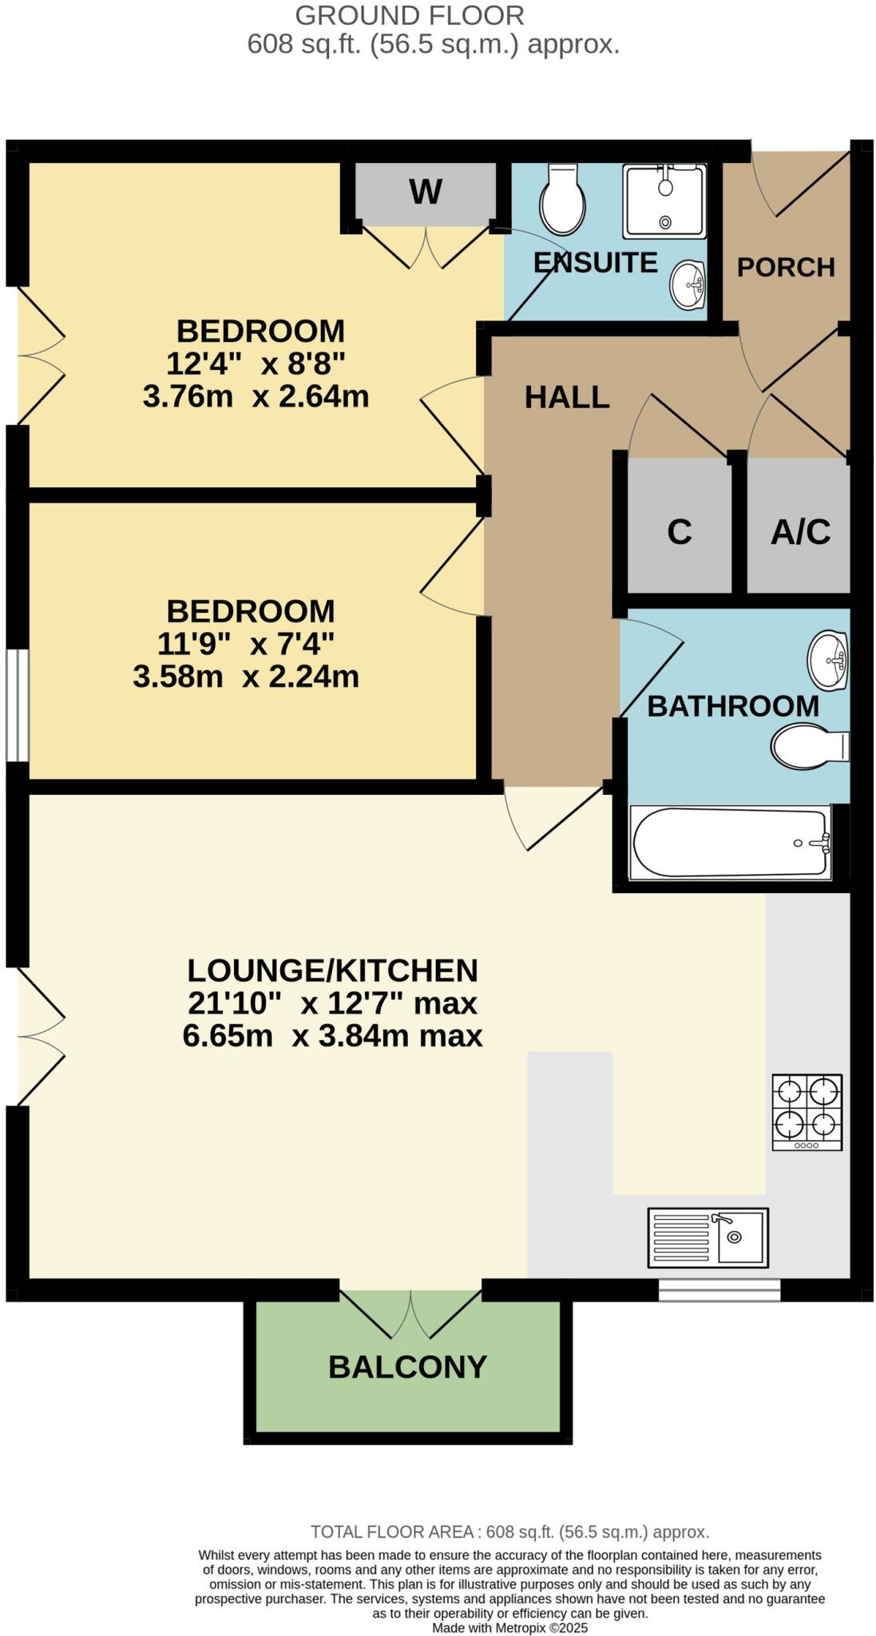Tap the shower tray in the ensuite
click(664, 201)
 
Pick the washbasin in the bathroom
click(828, 660)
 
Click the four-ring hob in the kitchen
click(807, 1112)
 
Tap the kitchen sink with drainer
click(708, 1237)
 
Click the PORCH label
click(786, 267)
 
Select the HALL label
click(567, 397)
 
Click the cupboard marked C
click(679, 531)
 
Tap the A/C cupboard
click(800, 531)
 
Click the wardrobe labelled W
click(425, 192)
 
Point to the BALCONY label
click(407, 1367)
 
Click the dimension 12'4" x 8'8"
click(256, 363)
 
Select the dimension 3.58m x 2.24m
click(245, 677)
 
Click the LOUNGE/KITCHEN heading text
click(332, 971)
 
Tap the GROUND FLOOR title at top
click(410, 15)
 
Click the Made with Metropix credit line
click(509, 1627)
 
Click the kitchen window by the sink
click(719, 1289)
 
